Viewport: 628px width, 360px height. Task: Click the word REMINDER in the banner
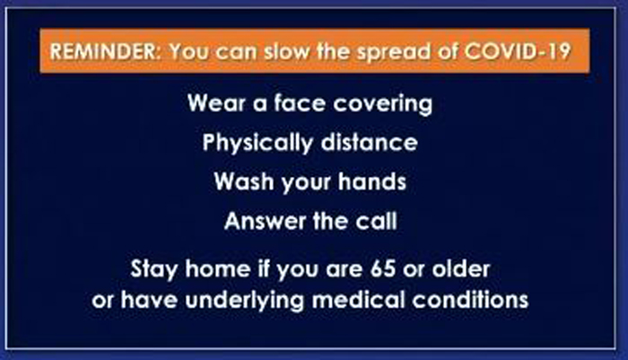click(x=104, y=51)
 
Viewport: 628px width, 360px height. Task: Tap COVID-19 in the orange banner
click(x=518, y=51)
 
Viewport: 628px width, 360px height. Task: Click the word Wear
click(x=216, y=102)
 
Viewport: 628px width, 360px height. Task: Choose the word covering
click(x=383, y=104)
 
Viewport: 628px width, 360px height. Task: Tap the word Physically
click(x=257, y=143)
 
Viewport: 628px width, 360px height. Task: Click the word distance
click(x=370, y=142)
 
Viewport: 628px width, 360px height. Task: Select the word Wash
click(x=244, y=181)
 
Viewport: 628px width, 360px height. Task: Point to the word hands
click(x=372, y=181)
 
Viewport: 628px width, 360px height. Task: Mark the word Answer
click(x=265, y=221)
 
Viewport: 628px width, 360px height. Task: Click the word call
click(x=377, y=221)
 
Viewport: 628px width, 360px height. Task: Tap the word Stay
click(x=153, y=269)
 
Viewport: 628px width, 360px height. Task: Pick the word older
click(x=461, y=268)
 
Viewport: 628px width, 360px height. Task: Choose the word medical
click(x=359, y=300)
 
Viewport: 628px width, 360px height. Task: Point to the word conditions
click(x=471, y=300)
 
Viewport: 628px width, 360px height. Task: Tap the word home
click(x=218, y=268)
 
